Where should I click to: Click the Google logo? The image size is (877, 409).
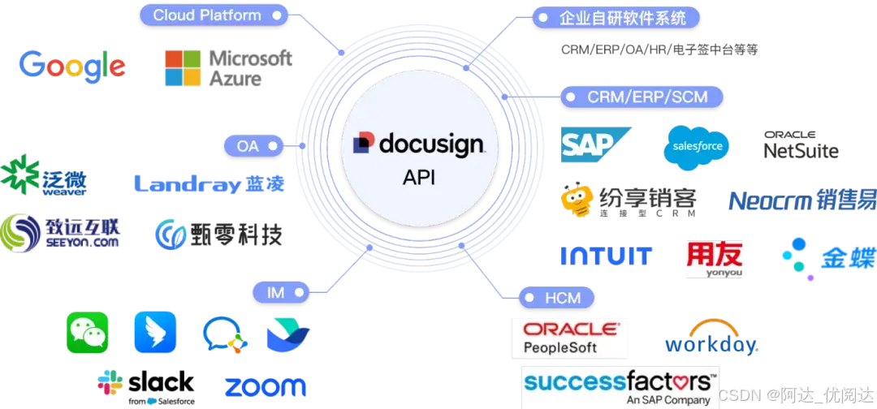(73, 67)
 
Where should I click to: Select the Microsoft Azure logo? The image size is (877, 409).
(227, 67)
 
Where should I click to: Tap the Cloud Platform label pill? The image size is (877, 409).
(213, 15)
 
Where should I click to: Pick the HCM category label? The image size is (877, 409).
(557, 298)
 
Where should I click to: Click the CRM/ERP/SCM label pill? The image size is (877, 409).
(642, 97)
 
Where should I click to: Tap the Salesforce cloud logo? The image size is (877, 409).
(697, 147)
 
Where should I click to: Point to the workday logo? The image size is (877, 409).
(711, 338)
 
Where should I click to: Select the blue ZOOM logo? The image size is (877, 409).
(265, 387)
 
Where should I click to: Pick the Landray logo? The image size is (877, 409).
(210, 183)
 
